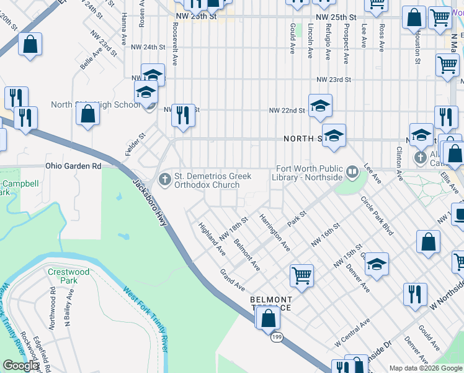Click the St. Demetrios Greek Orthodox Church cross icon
pyautogui.click(x=165, y=180)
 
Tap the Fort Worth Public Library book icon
pyautogui.click(x=352, y=171)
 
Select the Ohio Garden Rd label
pyautogui.click(x=73, y=166)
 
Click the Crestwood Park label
pyautogui.click(x=68, y=276)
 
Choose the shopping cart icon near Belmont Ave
pyautogui.click(x=301, y=274)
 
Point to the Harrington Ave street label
pyautogui.click(x=275, y=232)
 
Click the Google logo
pyautogui.click(x=20, y=366)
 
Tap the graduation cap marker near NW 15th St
pyautogui.click(x=377, y=264)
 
